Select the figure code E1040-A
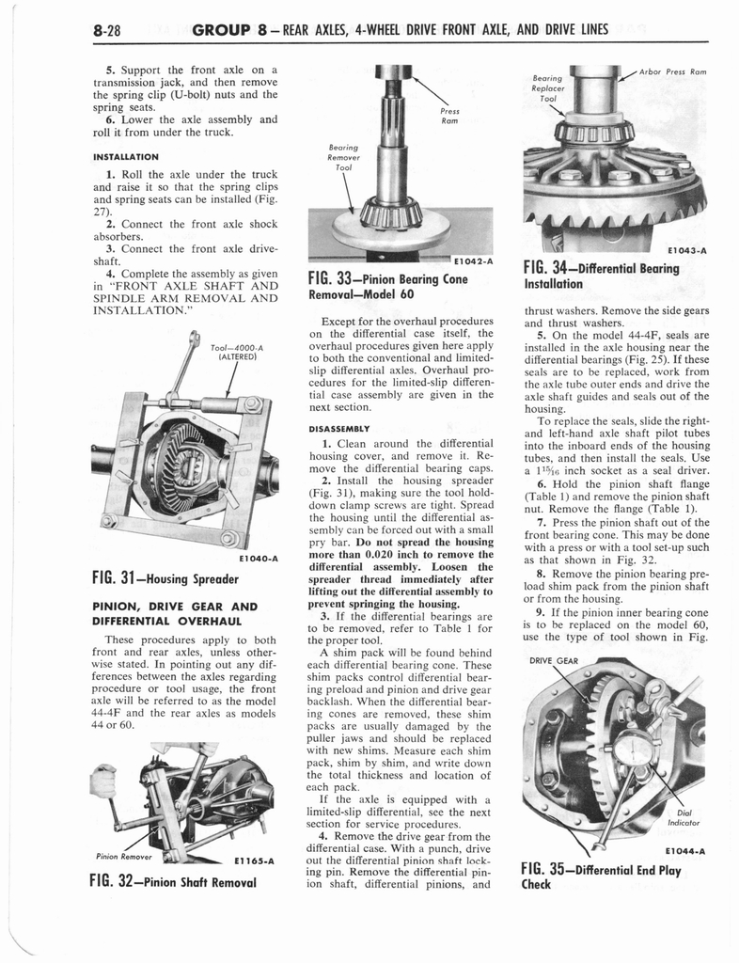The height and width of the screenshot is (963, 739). pos(257,558)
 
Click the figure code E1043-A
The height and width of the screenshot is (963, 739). pos(686,251)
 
